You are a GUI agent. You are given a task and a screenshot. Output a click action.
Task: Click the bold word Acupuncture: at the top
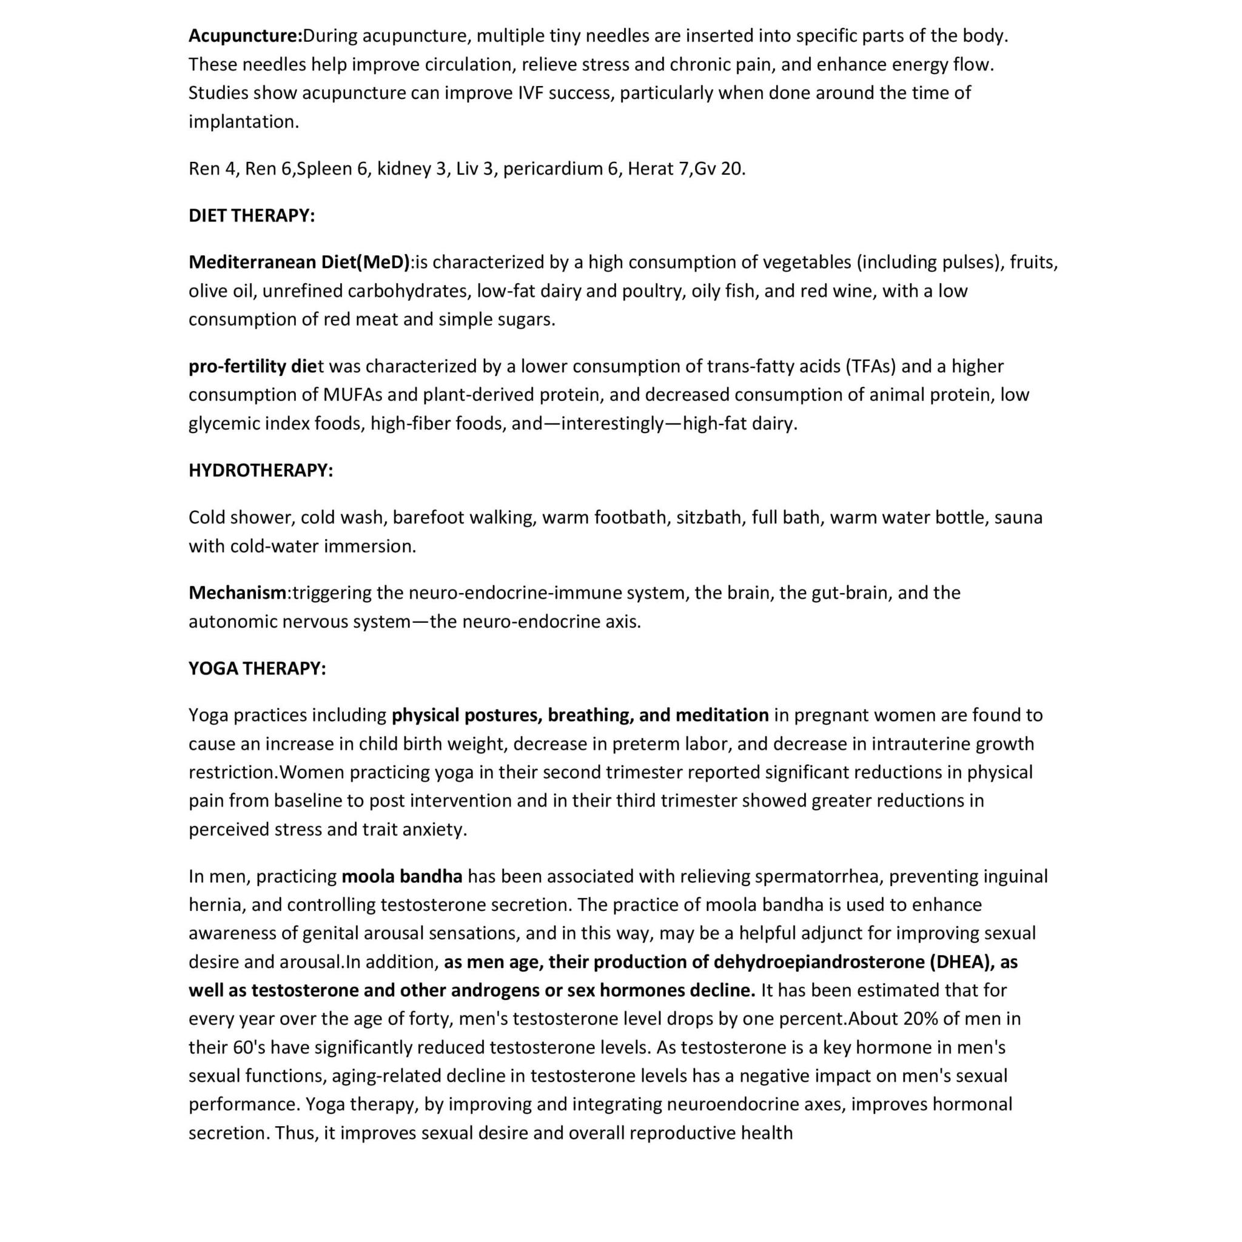(245, 36)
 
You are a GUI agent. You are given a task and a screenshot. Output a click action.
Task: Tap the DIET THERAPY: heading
(251, 215)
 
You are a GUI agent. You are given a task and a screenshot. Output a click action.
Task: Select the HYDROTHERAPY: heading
(260, 470)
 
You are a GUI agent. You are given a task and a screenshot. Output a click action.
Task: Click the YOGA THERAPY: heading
(257, 668)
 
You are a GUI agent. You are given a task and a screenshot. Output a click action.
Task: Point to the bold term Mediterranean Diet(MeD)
(299, 261)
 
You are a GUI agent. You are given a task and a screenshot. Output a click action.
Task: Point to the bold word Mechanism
(237, 592)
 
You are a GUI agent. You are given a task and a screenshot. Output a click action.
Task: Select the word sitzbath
(708, 517)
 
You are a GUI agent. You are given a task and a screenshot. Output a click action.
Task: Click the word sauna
(1018, 517)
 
